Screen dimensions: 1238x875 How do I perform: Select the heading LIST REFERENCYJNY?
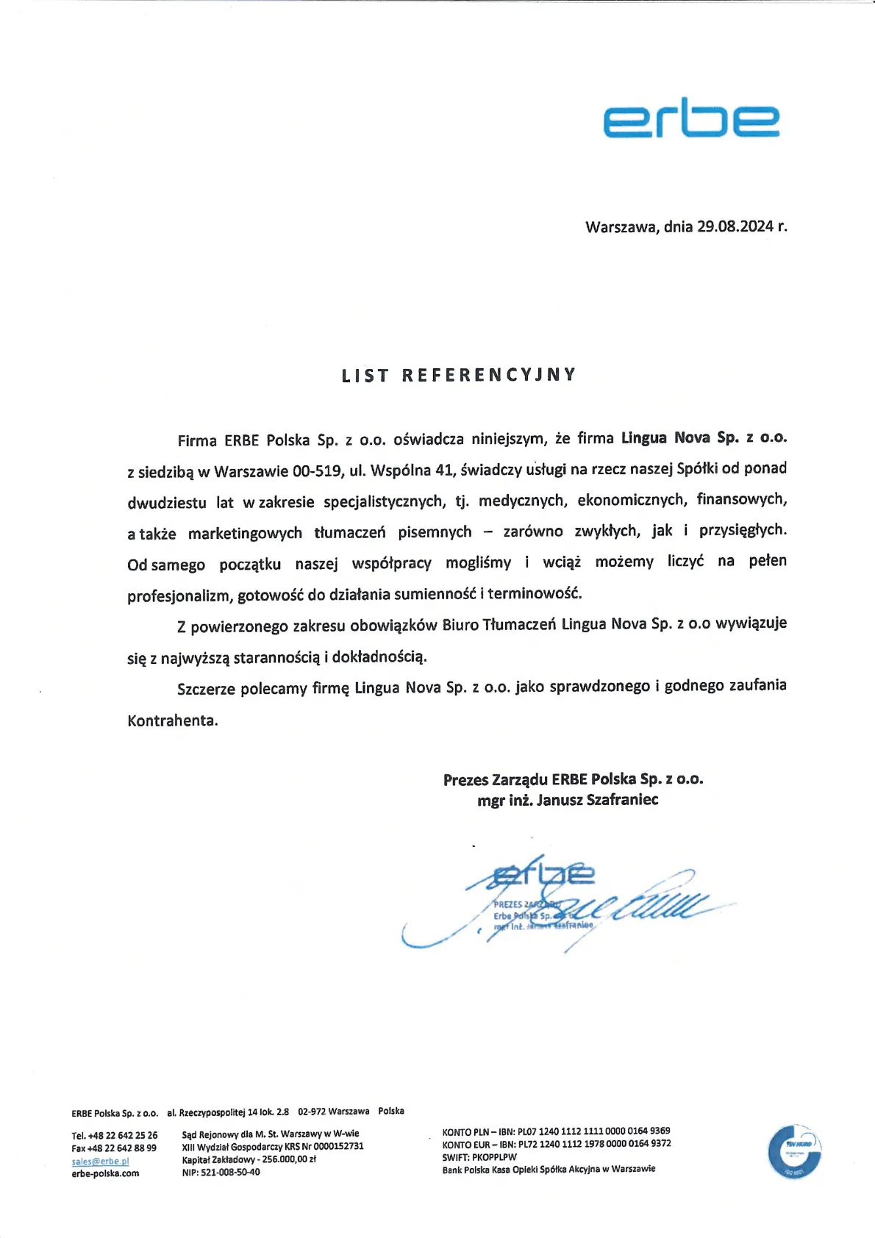click(459, 375)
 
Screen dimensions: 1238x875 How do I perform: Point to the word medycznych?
click(522, 501)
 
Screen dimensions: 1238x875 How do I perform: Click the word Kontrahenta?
click(173, 720)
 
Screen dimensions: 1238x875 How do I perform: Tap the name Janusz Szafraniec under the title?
click(597, 800)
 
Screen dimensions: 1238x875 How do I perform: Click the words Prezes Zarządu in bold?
click(495, 780)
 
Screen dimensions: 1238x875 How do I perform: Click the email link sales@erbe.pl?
click(100, 1162)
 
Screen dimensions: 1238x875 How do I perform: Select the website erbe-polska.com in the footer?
click(105, 1173)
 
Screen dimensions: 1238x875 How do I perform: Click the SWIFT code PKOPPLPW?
click(494, 1157)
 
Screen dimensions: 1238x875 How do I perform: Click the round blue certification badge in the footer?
click(794, 1151)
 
